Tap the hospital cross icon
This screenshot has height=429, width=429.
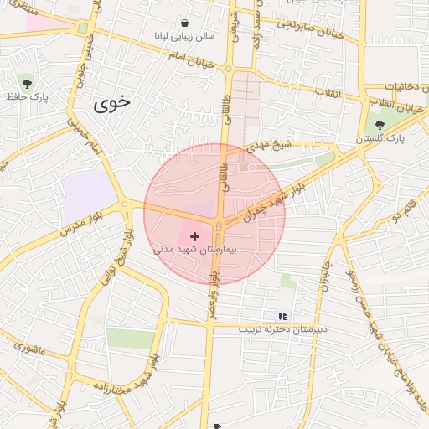(x=195, y=237)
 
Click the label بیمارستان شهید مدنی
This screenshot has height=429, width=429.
(x=197, y=250)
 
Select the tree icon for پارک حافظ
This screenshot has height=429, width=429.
(x=27, y=83)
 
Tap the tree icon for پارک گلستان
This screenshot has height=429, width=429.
(x=380, y=125)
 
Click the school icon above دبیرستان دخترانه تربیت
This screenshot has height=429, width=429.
(x=282, y=316)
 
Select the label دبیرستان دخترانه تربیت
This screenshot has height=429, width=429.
(x=282, y=329)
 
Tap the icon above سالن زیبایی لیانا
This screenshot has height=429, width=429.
(x=184, y=23)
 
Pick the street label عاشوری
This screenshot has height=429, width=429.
(x=28, y=345)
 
